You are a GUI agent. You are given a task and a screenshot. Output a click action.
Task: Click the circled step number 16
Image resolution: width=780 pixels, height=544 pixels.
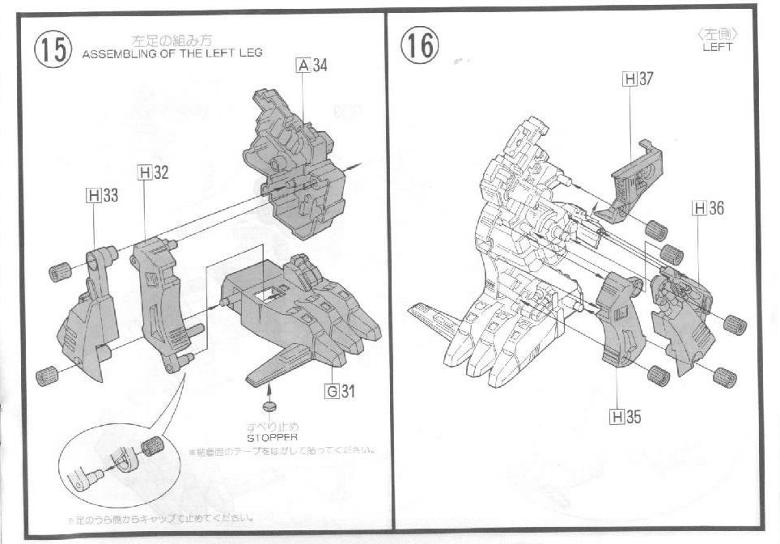click(420, 45)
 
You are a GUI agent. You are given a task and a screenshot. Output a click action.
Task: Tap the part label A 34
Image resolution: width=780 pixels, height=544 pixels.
click(312, 66)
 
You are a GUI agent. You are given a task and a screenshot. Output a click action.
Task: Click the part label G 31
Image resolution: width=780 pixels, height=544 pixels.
click(340, 392)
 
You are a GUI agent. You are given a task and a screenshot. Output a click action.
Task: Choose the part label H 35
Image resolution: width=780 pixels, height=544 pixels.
click(625, 417)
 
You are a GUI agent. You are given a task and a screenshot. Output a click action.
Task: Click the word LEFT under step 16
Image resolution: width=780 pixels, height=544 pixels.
click(717, 47)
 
